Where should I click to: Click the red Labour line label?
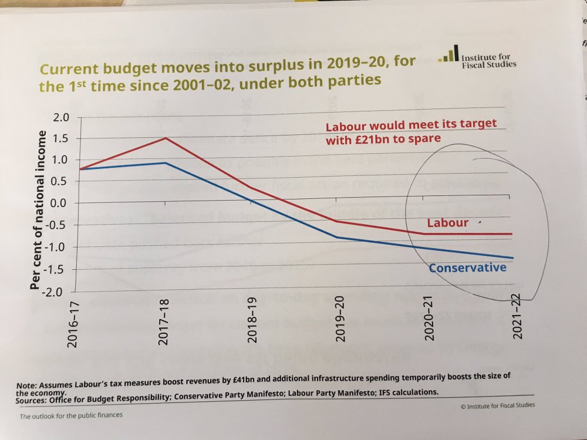[x=447, y=223]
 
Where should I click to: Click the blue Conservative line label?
[x=467, y=268]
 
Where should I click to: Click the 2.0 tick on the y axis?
[x=61, y=118]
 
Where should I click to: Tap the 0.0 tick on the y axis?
[x=61, y=204]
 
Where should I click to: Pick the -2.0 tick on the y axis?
[x=58, y=292]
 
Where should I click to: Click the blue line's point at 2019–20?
[x=336, y=238]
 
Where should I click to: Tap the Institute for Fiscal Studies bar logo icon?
[x=448, y=56]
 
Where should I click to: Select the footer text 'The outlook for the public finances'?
[x=71, y=417]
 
